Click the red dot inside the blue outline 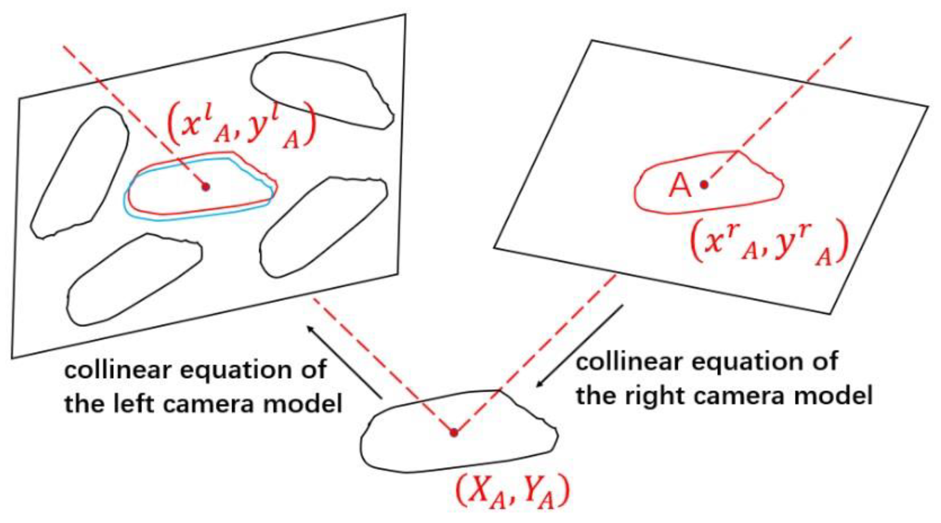tap(206, 187)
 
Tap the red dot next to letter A tap(704, 184)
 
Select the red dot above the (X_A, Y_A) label tap(454, 433)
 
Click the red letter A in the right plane tap(679, 185)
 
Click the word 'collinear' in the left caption tap(117, 370)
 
